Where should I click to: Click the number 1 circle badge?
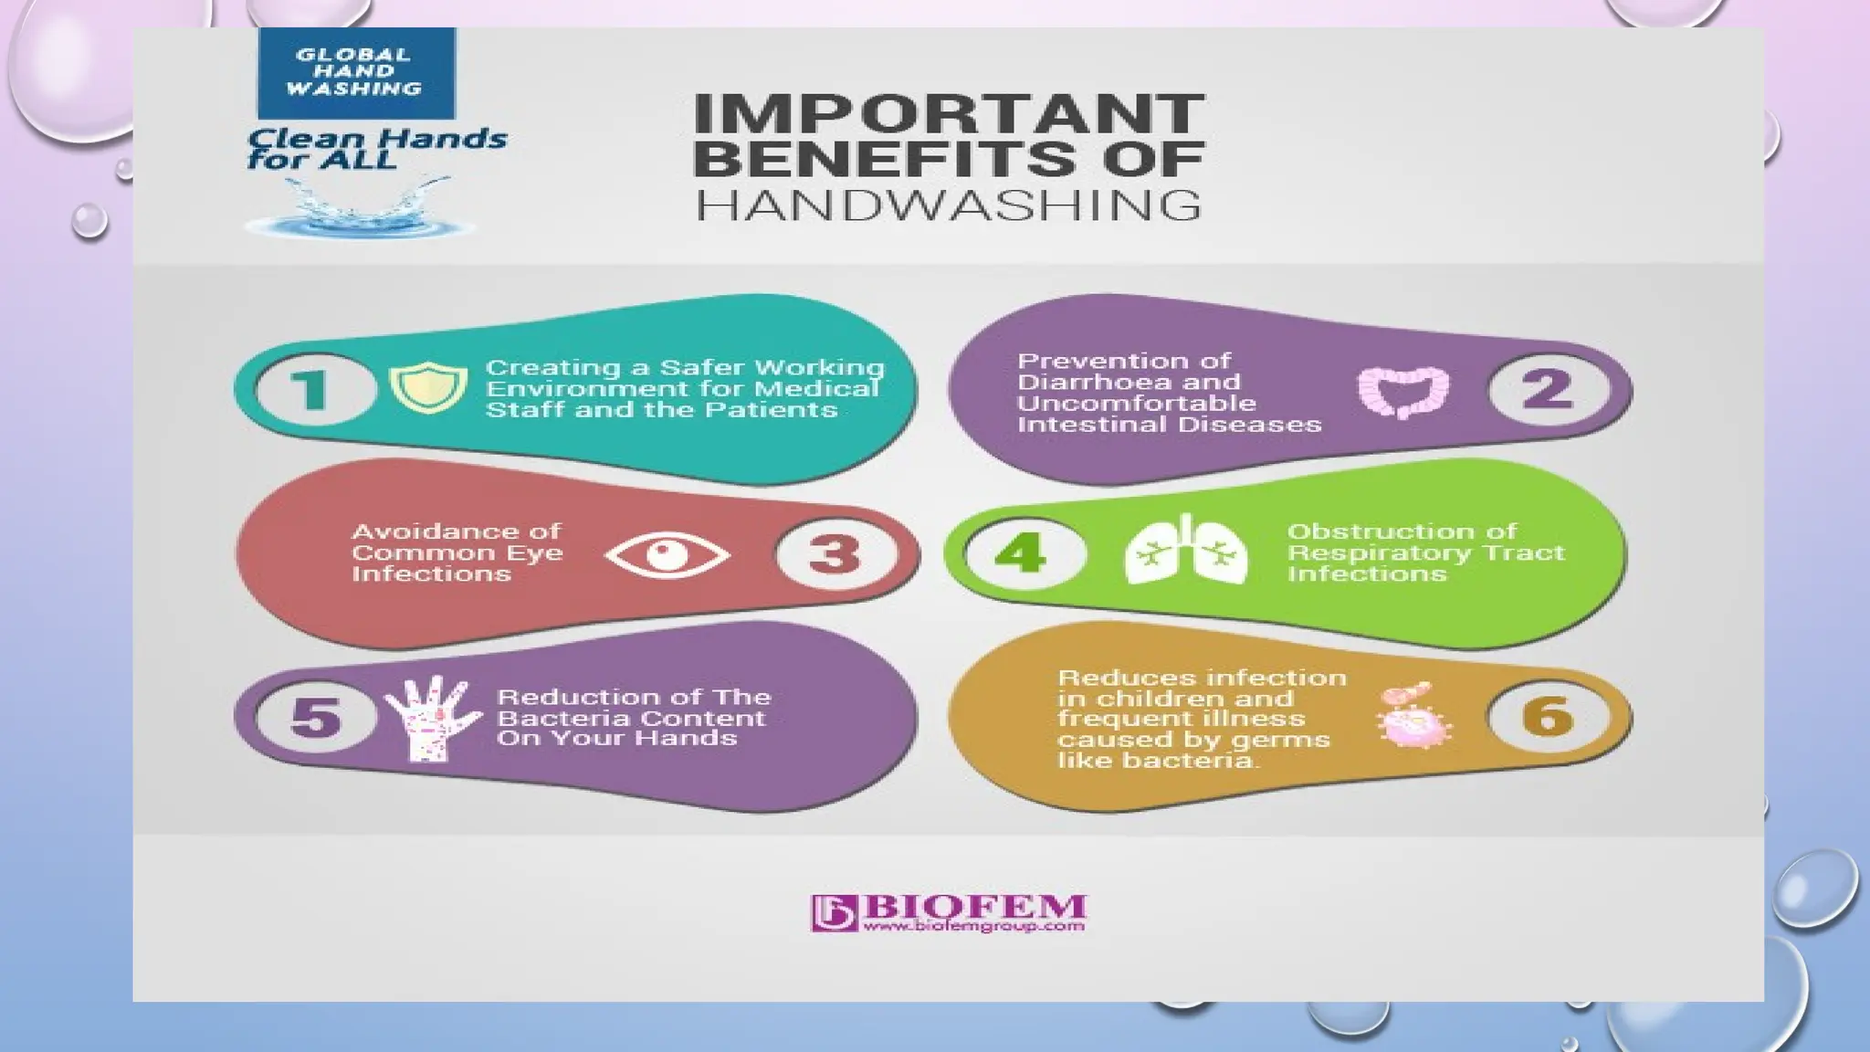(x=315, y=389)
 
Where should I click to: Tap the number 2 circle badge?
(x=1548, y=390)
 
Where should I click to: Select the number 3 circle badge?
(x=835, y=553)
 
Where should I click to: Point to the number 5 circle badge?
(x=316, y=717)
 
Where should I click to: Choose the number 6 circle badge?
(x=1548, y=717)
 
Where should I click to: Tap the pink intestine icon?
(x=1402, y=392)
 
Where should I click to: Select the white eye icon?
(x=667, y=554)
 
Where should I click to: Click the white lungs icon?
(x=1186, y=550)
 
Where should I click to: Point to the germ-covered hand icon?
(x=433, y=718)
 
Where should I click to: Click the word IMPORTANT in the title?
(x=948, y=114)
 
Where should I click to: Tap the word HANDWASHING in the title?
(x=948, y=205)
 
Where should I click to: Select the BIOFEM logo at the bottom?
(x=948, y=912)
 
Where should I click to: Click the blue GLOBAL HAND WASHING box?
(x=355, y=72)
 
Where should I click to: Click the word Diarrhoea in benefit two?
(x=1082, y=382)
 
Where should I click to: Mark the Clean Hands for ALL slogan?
(x=374, y=149)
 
